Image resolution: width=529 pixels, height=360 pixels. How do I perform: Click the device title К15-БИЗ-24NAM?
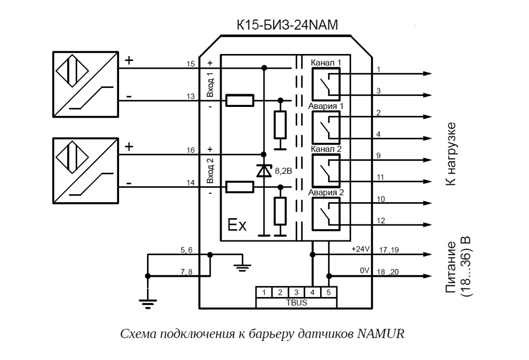(x=287, y=25)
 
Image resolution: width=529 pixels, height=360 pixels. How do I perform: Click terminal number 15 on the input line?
(x=190, y=64)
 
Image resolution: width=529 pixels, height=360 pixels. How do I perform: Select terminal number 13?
(x=190, y=96)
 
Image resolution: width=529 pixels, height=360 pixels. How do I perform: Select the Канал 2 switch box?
(x=325, y=170)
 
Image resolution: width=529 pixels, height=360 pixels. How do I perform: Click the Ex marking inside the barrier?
(x=237, y=226)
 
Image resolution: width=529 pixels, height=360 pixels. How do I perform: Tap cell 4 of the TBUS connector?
(x=313, y=292)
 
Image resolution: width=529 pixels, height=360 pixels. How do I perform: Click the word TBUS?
(x=296, y=303)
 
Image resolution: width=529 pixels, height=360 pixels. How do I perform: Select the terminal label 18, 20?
(x=388, y=271)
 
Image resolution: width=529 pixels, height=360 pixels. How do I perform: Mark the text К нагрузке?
(x=450, y=154)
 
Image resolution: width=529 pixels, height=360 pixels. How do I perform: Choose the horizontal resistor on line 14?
(x=240, y=186)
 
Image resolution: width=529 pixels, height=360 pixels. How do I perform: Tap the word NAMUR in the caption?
(x=381, y=334)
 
